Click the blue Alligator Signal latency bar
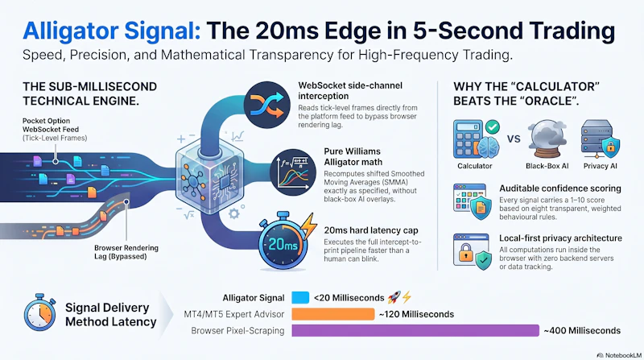[x=300, y=297]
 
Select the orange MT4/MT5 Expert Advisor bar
[x=333, y=314]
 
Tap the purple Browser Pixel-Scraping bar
[x=415, y=330]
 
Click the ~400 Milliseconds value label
[x=582, y=330]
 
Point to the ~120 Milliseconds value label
[x=416, y=314]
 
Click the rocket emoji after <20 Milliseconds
[x=394, y=297]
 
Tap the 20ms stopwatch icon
[x=286, y=242]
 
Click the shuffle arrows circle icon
[x=267, y=105]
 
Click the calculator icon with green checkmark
[x=477, y=139]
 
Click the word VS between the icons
[x=514, y=139]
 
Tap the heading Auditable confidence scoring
[x=560, y=188]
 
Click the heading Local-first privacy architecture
[x=560, y=238]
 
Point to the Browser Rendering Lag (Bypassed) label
[x=126, y=252]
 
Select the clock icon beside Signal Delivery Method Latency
[x=39, y=312]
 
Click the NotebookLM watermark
[x=619, y=355]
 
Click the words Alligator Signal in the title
[x=112, y=31]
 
